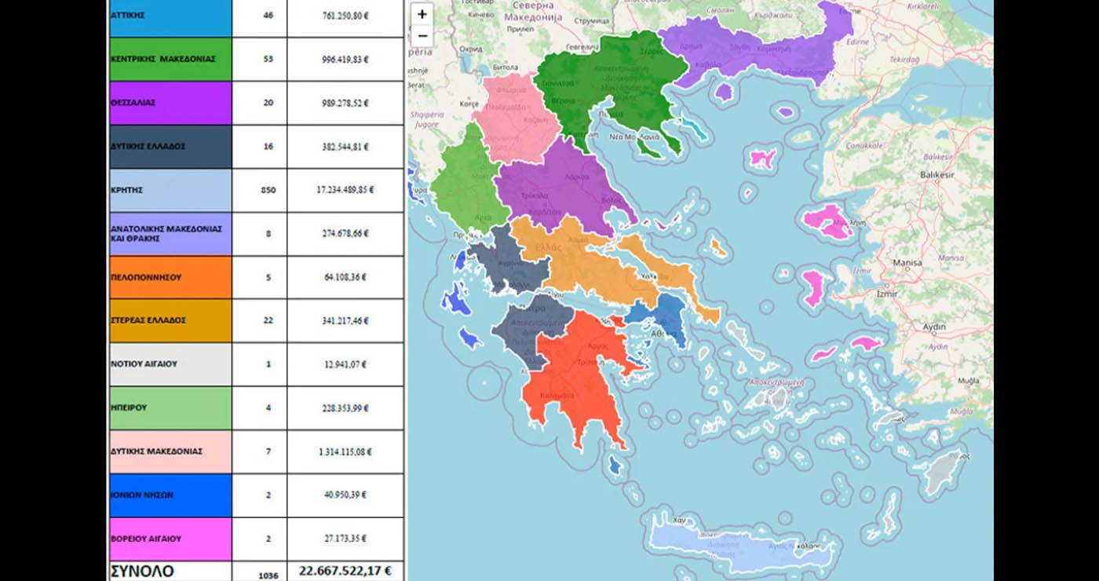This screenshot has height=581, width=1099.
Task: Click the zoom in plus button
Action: [x=422, y=14]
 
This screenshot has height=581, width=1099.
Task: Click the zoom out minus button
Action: [x=422, y=36]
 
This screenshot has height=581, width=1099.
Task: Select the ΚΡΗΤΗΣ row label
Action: [x=170, y=190]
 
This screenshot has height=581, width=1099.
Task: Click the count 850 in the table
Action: [x=268, y=190]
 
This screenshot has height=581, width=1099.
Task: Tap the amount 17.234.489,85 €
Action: [x=345, y=190]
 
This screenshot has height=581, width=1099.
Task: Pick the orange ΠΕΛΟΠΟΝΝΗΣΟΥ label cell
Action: [x=170, y=277]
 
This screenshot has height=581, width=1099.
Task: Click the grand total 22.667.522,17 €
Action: [x=345, y=571]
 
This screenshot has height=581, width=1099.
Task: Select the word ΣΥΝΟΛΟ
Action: [x=142, y=571]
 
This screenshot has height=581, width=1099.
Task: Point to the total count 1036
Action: [x=268, y=575]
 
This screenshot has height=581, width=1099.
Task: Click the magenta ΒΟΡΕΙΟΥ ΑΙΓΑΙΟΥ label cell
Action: [x=170, y=539]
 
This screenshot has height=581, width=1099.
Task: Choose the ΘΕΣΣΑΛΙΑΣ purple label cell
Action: [x=170, y=103]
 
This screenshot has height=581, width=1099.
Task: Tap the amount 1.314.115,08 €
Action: [x=345, y=451]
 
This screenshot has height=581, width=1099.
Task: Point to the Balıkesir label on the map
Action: [x=937, y=175]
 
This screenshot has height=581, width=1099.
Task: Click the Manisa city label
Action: [x=907, y=263]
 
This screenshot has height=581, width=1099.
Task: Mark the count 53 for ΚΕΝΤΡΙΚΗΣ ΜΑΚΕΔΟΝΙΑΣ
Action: [x=268, y=59]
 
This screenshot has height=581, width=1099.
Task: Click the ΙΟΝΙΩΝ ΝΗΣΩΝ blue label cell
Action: [x=170, y=495]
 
